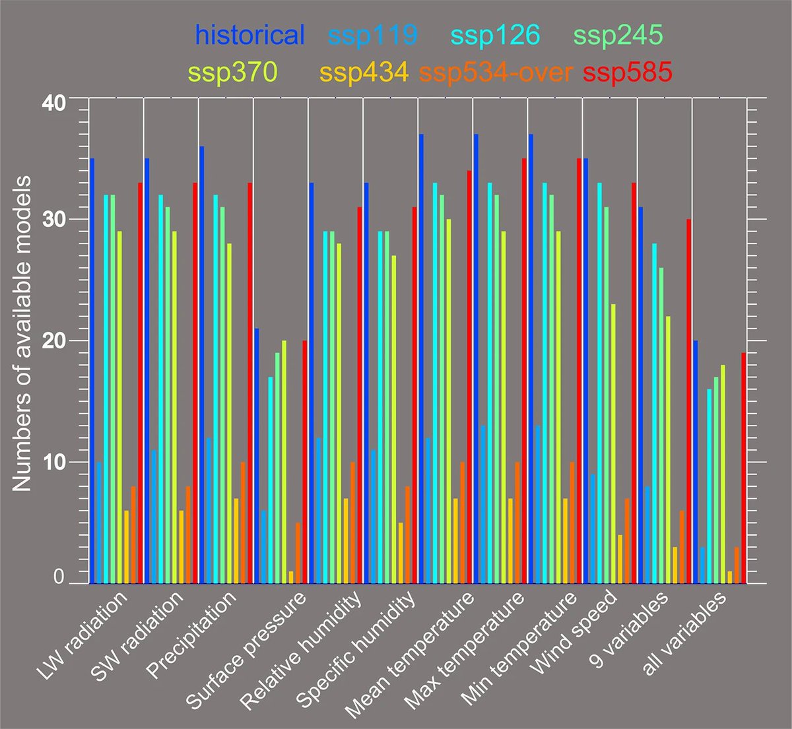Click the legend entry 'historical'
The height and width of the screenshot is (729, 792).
pos(250,35)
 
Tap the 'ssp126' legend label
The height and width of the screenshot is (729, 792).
pos(494,35)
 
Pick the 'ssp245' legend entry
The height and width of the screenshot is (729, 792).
pos(617,35)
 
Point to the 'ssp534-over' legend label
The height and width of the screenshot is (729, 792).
pos(496,72)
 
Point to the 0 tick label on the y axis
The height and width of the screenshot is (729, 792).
pos(58,578)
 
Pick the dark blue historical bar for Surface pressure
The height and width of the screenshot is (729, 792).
pos(257,455)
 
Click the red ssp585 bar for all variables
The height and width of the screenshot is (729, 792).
pos(743,468)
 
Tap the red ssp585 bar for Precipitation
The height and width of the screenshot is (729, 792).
pos(249,383)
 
